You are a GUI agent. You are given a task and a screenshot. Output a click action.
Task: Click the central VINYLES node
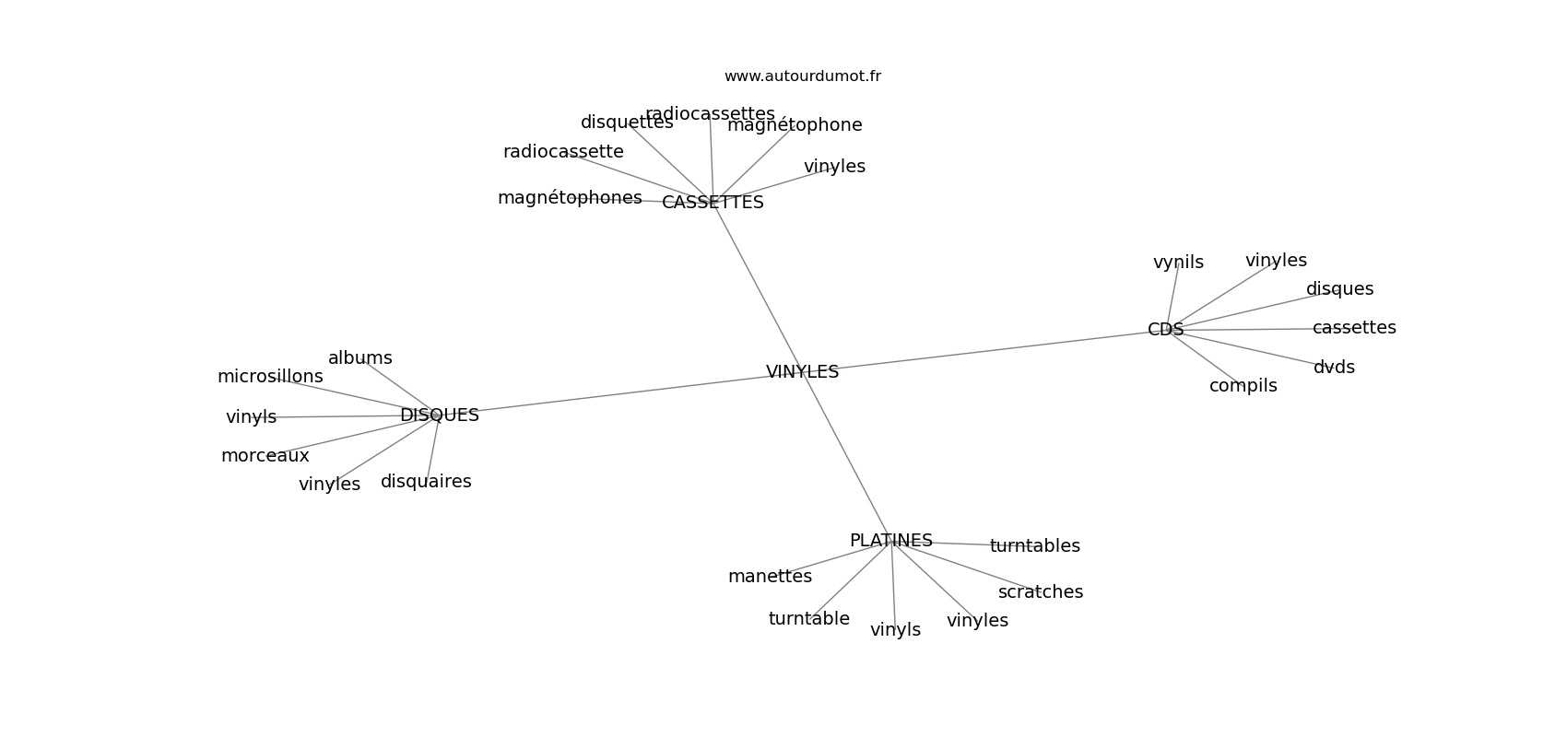point(802,372)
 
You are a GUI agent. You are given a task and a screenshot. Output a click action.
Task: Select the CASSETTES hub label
point(713,203)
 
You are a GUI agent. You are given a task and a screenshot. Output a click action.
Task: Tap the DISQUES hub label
point(439,415)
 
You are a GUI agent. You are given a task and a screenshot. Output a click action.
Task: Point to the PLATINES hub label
point(890,541)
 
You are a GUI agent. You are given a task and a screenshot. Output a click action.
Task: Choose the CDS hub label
point(1165,330)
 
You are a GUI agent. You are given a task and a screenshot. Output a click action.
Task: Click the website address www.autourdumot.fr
point(802,76)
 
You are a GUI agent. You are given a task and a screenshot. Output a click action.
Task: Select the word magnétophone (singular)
point(795,125)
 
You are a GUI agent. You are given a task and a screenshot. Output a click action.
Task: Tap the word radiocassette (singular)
point(563,152)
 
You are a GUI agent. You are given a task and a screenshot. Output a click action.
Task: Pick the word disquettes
point(627,123)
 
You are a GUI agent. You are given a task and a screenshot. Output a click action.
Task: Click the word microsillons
point(270,377)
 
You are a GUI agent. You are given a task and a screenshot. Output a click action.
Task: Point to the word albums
point(359,358)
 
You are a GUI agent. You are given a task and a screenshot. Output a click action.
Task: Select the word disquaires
point(426,482)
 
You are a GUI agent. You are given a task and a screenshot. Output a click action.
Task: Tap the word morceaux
point(265,456)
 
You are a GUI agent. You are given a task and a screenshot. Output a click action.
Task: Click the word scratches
point(1040,592)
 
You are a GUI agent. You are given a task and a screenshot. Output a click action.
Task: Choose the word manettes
point(770,577)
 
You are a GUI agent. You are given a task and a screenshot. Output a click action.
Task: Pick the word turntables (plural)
point(1034,546)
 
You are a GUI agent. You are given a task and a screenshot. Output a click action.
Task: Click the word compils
point(1243,386)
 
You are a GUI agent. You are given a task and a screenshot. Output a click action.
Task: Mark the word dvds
point(1334,368)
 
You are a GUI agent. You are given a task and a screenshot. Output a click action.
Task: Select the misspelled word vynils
point(1178,263)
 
